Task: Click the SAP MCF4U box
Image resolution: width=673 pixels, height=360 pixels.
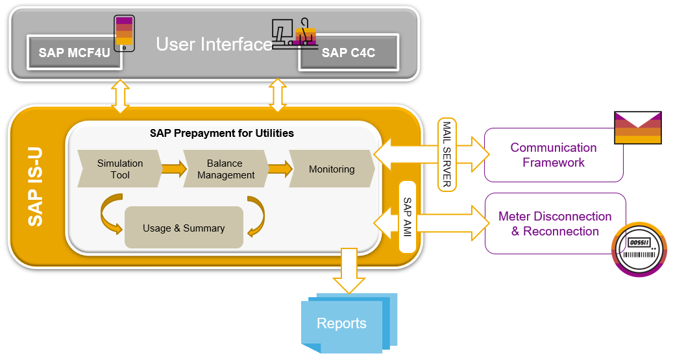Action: click(x=74, y=53)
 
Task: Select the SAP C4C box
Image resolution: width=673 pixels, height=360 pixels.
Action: click(x=349, y=53)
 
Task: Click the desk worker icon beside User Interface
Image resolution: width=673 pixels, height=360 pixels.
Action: click(x=295, y=34)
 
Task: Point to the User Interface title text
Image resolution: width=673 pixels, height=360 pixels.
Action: click(x=214, y=43)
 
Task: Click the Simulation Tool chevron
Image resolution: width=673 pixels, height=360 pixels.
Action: click(x=120, y=169)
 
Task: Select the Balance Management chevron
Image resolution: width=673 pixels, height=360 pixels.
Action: click(x=226, y=169)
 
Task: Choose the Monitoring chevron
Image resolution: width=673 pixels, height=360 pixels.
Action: click(x=332, y=169)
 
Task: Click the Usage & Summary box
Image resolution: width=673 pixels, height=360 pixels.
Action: click(x=184, y=228)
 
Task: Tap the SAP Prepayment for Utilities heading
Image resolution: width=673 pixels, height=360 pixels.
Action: click(x=222, y=133)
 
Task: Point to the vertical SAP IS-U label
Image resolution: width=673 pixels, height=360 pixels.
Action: click(x=35, y=187)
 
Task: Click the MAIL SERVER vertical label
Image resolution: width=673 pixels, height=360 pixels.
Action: click(x=447, y=154)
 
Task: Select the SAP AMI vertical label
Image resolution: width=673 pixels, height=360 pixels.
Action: click(x=408, y=217)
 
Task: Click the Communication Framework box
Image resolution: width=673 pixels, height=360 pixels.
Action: click(x=554, y=155)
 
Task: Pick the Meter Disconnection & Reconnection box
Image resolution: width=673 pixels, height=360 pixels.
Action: click(x=556, y=223)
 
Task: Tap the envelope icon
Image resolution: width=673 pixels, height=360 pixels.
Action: click(x=638, y=127)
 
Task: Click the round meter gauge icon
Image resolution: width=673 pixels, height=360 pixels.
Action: click(x=639, y=249)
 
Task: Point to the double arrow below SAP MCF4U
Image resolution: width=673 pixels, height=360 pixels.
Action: click(x=120, y=96)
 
